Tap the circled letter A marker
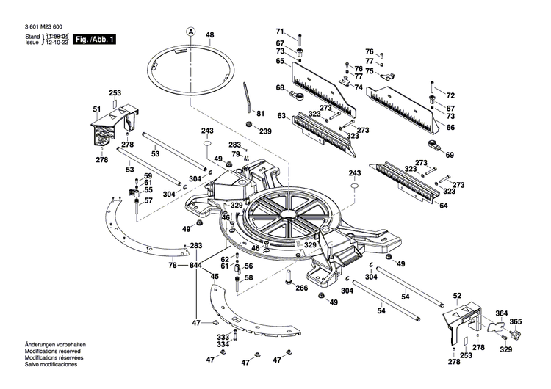190,32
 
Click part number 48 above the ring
209,35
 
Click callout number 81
259,113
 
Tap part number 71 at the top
280,31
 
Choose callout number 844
195,265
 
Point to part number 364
501,314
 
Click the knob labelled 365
516,335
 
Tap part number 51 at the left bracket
96,110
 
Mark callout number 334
222,344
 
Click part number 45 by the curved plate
214,277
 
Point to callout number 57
148,200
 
